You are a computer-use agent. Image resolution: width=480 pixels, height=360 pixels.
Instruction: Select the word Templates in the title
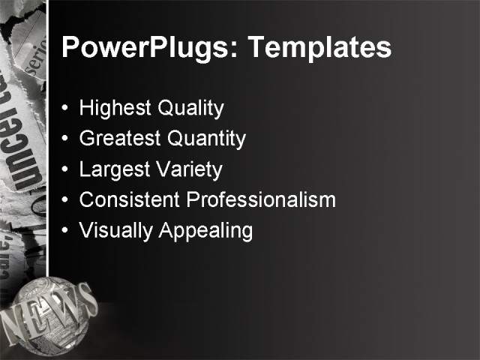pos(319,48)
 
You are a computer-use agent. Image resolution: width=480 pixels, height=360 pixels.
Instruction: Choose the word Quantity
pos(206,139)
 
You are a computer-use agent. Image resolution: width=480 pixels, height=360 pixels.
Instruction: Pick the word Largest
pos(114,169)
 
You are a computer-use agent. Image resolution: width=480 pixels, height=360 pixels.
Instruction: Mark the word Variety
pos(187,169)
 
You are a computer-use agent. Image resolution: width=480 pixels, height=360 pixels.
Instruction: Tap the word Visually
pos(116,231)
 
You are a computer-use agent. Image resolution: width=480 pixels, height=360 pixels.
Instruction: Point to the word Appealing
pos(205,231)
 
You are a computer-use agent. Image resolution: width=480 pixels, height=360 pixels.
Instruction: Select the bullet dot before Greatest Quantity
pos(66,139)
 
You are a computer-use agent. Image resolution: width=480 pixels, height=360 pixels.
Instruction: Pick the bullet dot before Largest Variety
pos(66,170)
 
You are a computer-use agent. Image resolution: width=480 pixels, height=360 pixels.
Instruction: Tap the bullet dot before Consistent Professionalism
pos(66,201)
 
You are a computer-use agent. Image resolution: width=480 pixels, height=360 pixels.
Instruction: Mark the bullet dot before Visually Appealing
pos(66,231)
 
